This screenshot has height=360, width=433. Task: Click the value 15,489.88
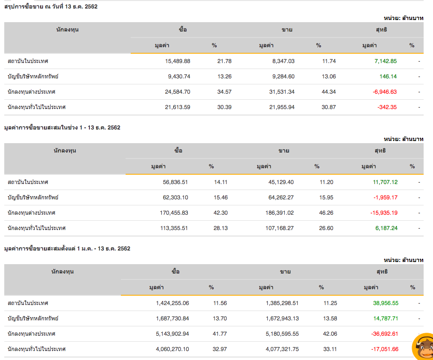click(178, 61)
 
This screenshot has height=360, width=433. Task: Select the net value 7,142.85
click(385, 61)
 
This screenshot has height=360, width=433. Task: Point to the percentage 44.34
click(329, 92)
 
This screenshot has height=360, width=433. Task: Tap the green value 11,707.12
click(385, 182)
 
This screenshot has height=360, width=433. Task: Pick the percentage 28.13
click(221, 228)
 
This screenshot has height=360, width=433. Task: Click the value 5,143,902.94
click(172, 334)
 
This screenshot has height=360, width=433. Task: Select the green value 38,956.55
click(386, 303)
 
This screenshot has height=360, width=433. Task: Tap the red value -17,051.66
click(384, 349)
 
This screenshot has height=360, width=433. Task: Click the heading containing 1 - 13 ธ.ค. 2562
click(62, 127)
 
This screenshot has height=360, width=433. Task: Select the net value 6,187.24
click(386, 228)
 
